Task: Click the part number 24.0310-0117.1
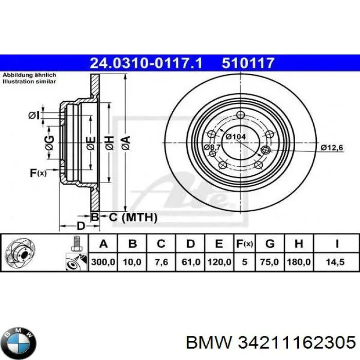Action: coord(147,63)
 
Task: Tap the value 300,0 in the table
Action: coord(103,262)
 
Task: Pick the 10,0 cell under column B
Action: coord(132,262)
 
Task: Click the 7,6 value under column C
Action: coord(161,262)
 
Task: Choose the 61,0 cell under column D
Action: coord(190,262)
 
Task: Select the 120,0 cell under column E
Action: coord(219,262)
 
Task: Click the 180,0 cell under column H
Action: coord(299,262)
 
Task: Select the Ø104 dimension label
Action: coord(235,137)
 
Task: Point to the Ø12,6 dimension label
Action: coord(332,148)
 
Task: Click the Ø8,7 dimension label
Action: coord(212,148)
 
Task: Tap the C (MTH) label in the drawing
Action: coord(132,218)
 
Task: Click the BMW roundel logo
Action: coord(20,340)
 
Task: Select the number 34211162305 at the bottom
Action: coord(295,341)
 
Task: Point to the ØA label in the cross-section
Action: coord(125,140)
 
